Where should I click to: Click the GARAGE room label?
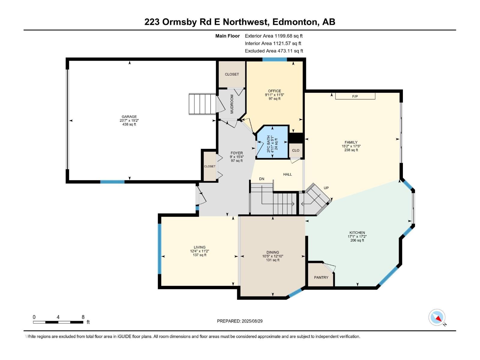click(129, 117)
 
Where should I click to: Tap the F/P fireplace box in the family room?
click(355, 96)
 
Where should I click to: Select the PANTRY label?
click(321, 277)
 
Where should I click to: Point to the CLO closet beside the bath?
click(296, 150)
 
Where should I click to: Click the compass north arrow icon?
click(437, 317)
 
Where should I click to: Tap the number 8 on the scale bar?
click(83, 317)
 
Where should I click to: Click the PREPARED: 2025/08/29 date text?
click(240, 321)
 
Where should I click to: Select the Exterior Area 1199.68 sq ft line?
click(274, 36)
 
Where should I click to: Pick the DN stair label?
click(262, 179)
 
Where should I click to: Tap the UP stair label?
click(326, 188)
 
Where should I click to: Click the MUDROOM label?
click(232, 104)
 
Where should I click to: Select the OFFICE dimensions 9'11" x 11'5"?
click(274, 95)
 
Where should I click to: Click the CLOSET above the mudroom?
click(232, 74)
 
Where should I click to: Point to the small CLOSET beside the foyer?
click(210, 166)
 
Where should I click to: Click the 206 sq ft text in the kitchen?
click(357, 240)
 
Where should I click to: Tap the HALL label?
click(287, 174)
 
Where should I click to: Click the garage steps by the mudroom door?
click(202, 104)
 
